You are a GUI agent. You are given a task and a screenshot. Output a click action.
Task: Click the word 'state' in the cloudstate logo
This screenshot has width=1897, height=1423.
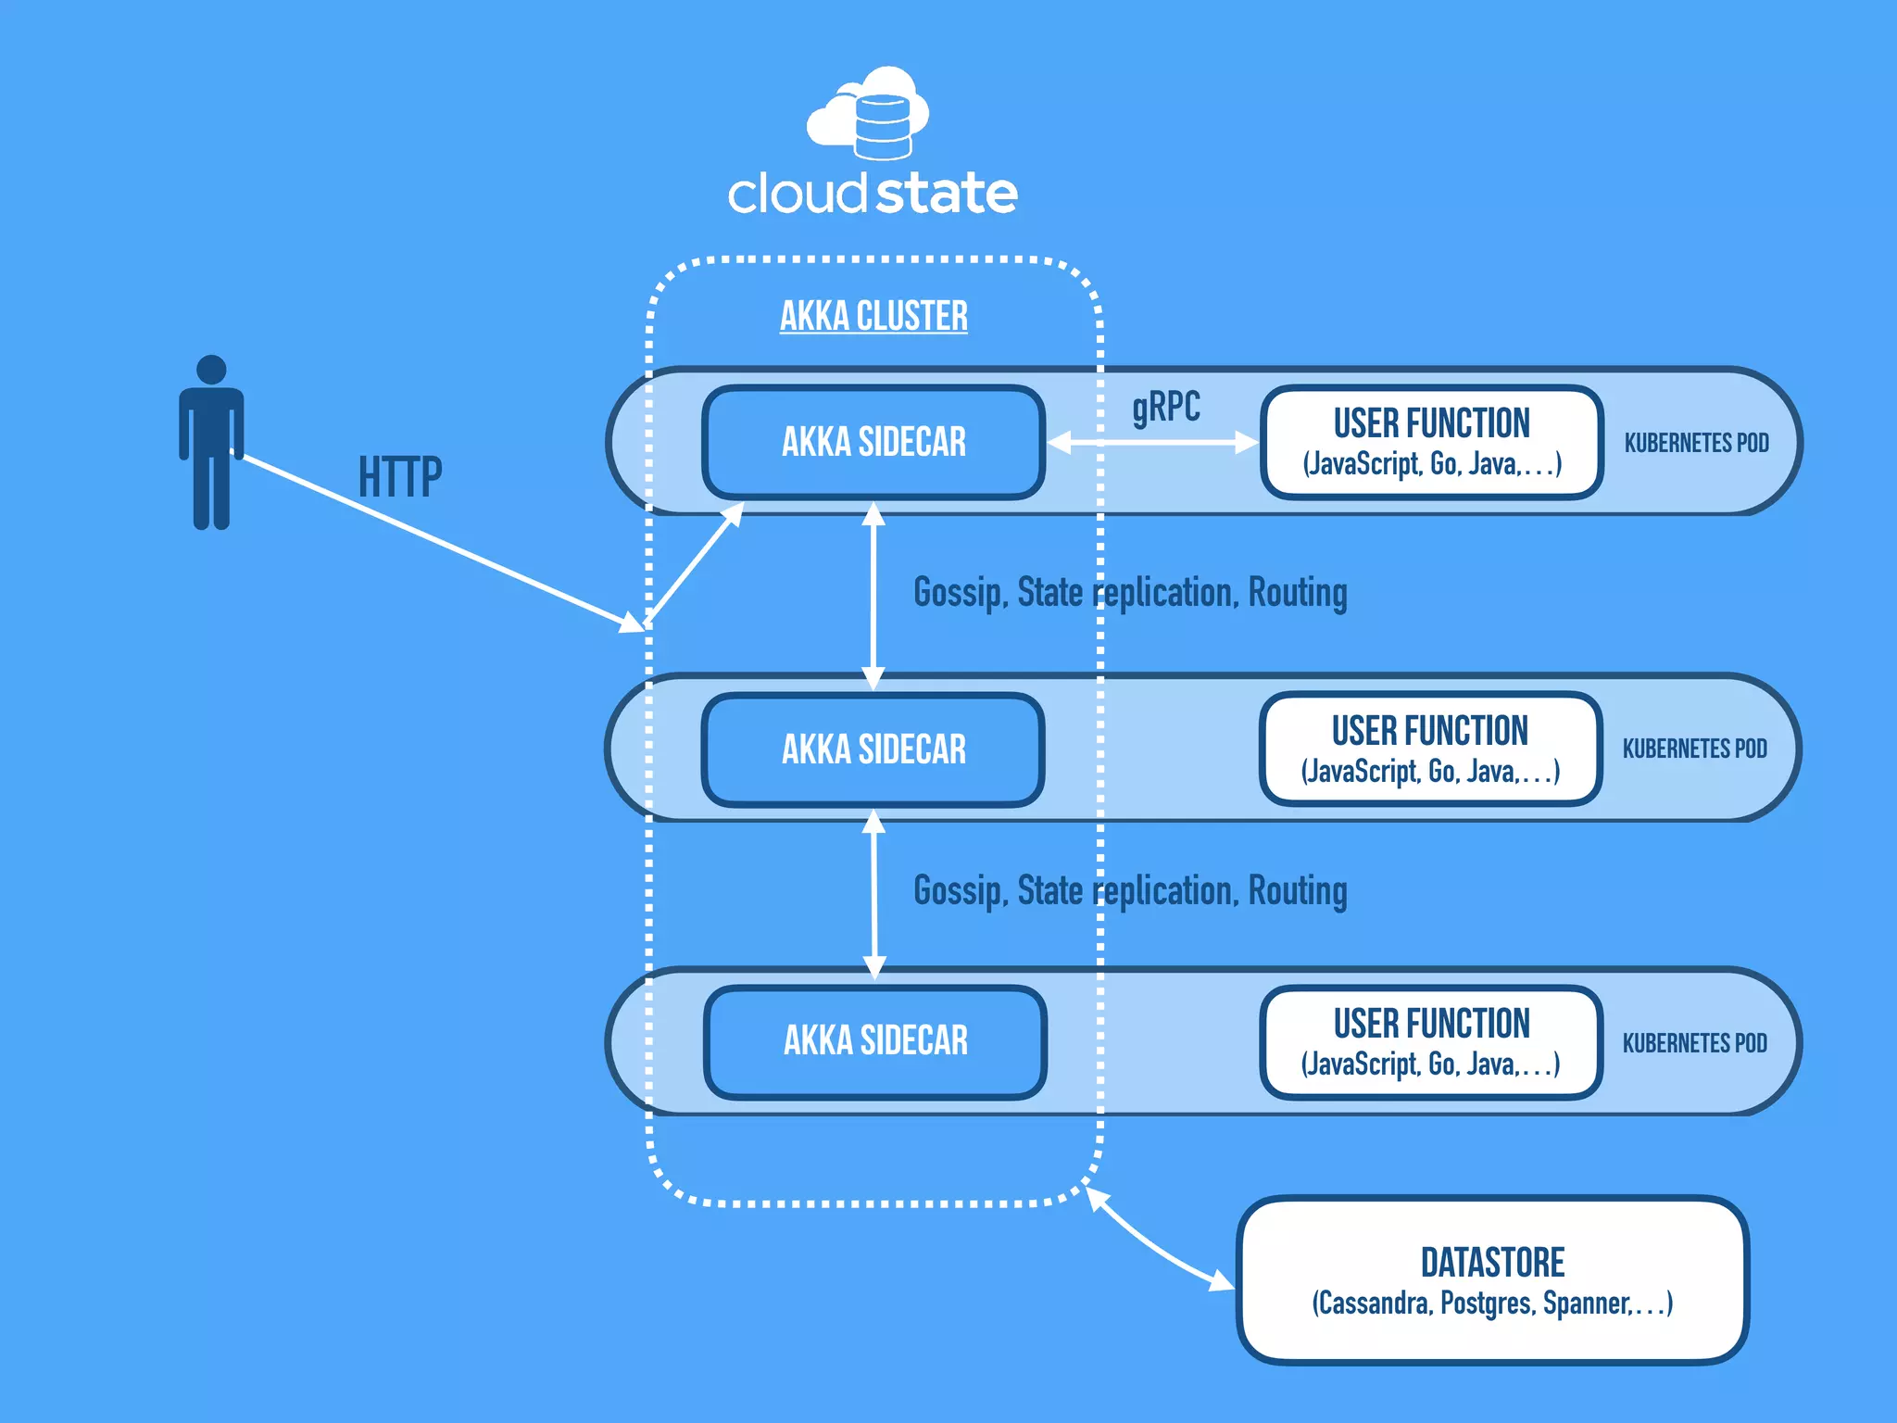(946, 194)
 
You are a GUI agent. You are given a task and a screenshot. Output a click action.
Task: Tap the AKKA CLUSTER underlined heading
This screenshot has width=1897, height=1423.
(873, 317)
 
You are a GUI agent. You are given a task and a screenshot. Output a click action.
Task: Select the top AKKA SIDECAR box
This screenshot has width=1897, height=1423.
(873, 442)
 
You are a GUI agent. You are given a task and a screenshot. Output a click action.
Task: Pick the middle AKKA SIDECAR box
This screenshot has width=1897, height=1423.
(873, 749)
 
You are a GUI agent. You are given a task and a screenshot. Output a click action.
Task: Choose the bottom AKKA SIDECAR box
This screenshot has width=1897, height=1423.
(875, 1041)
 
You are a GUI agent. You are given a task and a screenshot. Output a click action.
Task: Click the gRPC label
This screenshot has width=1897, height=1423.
(1165, 408)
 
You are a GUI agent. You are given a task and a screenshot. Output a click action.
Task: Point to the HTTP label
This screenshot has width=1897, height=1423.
(400, 478)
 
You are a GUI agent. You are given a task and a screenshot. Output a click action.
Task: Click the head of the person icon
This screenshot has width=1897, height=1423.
(211, 369)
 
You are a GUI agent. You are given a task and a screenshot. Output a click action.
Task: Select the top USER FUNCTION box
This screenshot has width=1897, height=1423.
(1431, 442)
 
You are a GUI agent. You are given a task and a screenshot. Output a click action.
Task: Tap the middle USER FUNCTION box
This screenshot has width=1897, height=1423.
(1430, 749)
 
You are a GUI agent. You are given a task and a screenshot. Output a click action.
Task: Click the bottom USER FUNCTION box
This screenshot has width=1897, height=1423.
(1431, 1042)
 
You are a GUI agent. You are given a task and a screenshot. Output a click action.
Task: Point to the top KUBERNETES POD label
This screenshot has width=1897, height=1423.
(1696, 443)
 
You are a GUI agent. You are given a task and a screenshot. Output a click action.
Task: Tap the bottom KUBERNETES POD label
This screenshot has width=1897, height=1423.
(1694, 1043)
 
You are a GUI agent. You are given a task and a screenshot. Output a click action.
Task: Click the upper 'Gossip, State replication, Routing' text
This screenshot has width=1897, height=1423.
(1130, 593)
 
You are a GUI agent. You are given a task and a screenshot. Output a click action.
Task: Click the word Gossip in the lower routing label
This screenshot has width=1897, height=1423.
(960, 891)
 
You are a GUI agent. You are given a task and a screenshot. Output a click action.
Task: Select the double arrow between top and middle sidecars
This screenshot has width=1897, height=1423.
(873, 596)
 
